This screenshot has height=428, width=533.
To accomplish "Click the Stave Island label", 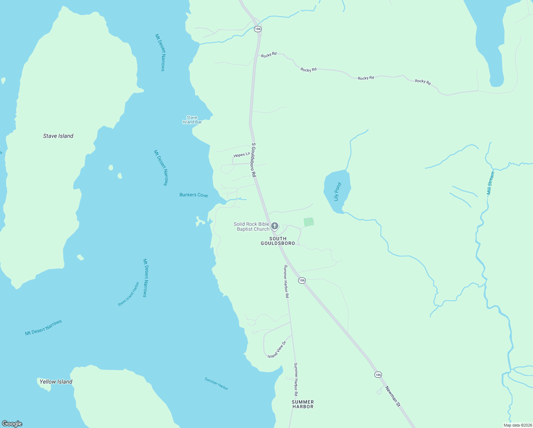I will coord(58,136).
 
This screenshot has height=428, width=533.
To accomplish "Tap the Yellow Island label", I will coord(56,382).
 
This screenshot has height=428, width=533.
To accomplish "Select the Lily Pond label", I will coord(338,192).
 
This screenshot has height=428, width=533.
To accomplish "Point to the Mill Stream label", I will coord(491,183).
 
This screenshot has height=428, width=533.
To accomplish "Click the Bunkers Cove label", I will coord(193,195).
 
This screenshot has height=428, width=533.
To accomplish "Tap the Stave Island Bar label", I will coord(192,120).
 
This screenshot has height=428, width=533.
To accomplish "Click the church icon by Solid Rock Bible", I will coord(274,226).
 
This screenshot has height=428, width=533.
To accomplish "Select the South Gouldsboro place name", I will coord(278,241).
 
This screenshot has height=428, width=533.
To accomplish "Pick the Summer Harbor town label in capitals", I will coord(303,404).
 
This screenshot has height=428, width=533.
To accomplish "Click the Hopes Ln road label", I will coord(242,155).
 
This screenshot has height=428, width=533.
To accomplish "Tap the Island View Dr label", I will coord(277,350).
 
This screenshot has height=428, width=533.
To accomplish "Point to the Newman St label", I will coord(393,396).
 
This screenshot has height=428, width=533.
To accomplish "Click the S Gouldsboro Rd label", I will coord(254,160).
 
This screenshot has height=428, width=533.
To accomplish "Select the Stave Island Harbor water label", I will coord(129,294).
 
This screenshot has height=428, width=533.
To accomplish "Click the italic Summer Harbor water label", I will coord(216,384).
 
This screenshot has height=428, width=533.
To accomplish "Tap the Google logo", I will coord(12,424).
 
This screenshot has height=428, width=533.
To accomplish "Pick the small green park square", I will coord(309,222).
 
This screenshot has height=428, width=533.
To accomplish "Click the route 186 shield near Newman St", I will coord(378,374).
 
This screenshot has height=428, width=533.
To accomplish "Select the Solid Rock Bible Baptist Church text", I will coord(252,226).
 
